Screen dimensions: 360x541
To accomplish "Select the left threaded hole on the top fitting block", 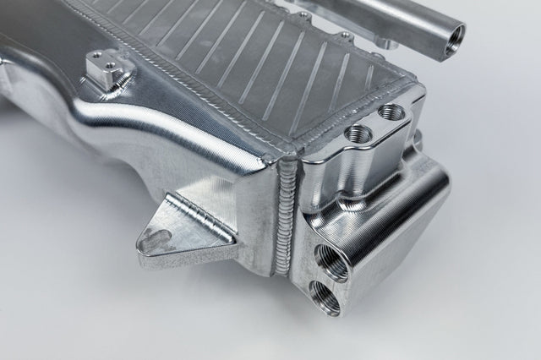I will (356, 133).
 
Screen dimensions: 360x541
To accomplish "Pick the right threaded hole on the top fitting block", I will (390, 112).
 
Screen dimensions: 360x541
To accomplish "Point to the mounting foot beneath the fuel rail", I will (385, 41).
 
